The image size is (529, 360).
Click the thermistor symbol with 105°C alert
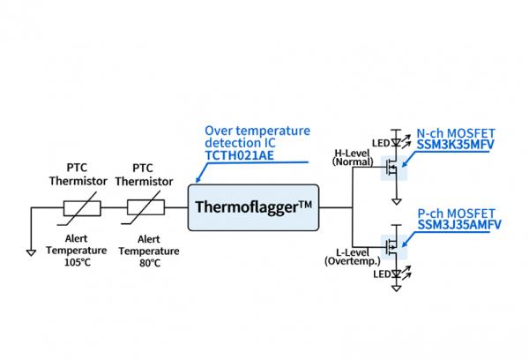pyautogui.click(x=81, y=209)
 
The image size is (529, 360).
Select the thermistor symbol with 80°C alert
pyautogui.click(x=145, y=209)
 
